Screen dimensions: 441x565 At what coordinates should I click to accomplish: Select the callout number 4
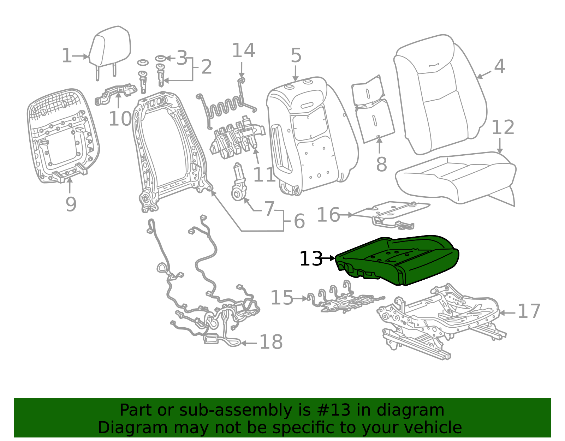[x=499, y=66]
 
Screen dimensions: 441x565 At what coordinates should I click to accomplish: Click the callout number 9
[x=71, y=204]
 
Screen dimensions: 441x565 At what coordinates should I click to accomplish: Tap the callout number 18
[x=271, y=342]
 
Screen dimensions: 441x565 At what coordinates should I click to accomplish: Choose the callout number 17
[x=529, y=311]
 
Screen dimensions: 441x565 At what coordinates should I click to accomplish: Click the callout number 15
[x=282, y=298]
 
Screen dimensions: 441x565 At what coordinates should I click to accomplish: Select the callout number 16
[x=328, y=215]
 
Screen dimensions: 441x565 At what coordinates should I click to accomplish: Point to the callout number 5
[x=296, y=56]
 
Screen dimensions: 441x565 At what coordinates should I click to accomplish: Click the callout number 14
[x=243, y=50]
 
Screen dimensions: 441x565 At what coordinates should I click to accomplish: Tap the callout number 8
[x=381, y=164]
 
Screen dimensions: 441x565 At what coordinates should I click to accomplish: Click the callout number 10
[x=120, y=119]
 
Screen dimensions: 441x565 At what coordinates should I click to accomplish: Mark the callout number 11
[x=264, y=174]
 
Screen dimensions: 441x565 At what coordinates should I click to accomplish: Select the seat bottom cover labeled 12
[x=456, y=177]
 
